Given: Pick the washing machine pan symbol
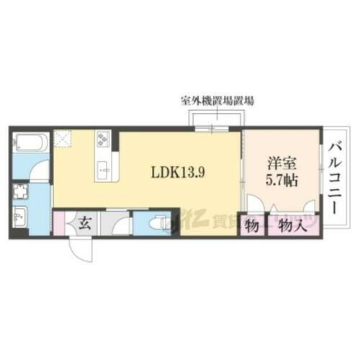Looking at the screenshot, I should tap(21, 192).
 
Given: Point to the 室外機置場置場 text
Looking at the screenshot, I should tap(216, 102).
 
